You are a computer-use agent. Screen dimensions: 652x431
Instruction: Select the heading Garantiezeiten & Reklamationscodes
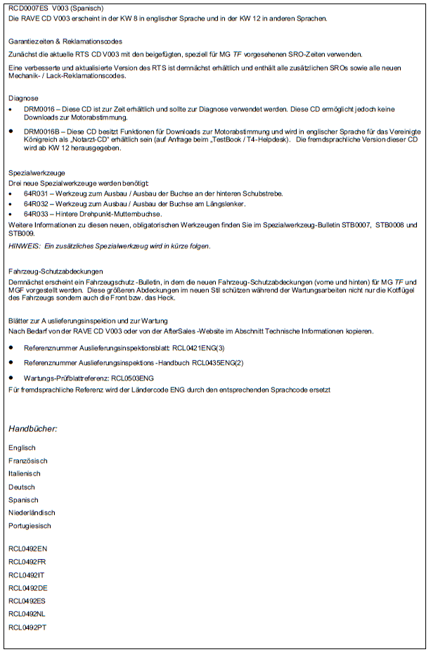click(65, 41)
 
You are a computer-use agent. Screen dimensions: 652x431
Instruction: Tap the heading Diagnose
click(23, 98)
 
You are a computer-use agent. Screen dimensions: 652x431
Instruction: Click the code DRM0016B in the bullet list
click(41, 131)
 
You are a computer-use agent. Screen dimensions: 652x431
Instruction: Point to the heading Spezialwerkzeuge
click(37, 172)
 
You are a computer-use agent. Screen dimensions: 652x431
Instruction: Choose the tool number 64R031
click(35, 193)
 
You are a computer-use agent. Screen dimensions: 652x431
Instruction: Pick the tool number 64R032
click(35, 203)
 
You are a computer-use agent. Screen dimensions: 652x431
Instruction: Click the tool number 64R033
click(35, 213)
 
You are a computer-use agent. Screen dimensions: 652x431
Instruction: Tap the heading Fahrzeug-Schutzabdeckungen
click(56, 271)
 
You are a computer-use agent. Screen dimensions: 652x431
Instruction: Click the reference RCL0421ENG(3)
click(198, 348)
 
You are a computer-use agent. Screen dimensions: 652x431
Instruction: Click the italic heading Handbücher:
click(33, 428)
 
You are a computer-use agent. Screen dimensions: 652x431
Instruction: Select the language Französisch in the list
click(28, 461)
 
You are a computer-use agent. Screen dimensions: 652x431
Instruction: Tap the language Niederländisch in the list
click(32, 513)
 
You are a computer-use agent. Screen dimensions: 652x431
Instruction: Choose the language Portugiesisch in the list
click(30, 525)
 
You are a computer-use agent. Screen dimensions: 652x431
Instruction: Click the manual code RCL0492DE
click(28, 588)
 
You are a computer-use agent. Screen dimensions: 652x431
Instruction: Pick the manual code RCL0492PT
click(28, 627)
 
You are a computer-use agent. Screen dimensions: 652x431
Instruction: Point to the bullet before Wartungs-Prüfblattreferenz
click(11, 378)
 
